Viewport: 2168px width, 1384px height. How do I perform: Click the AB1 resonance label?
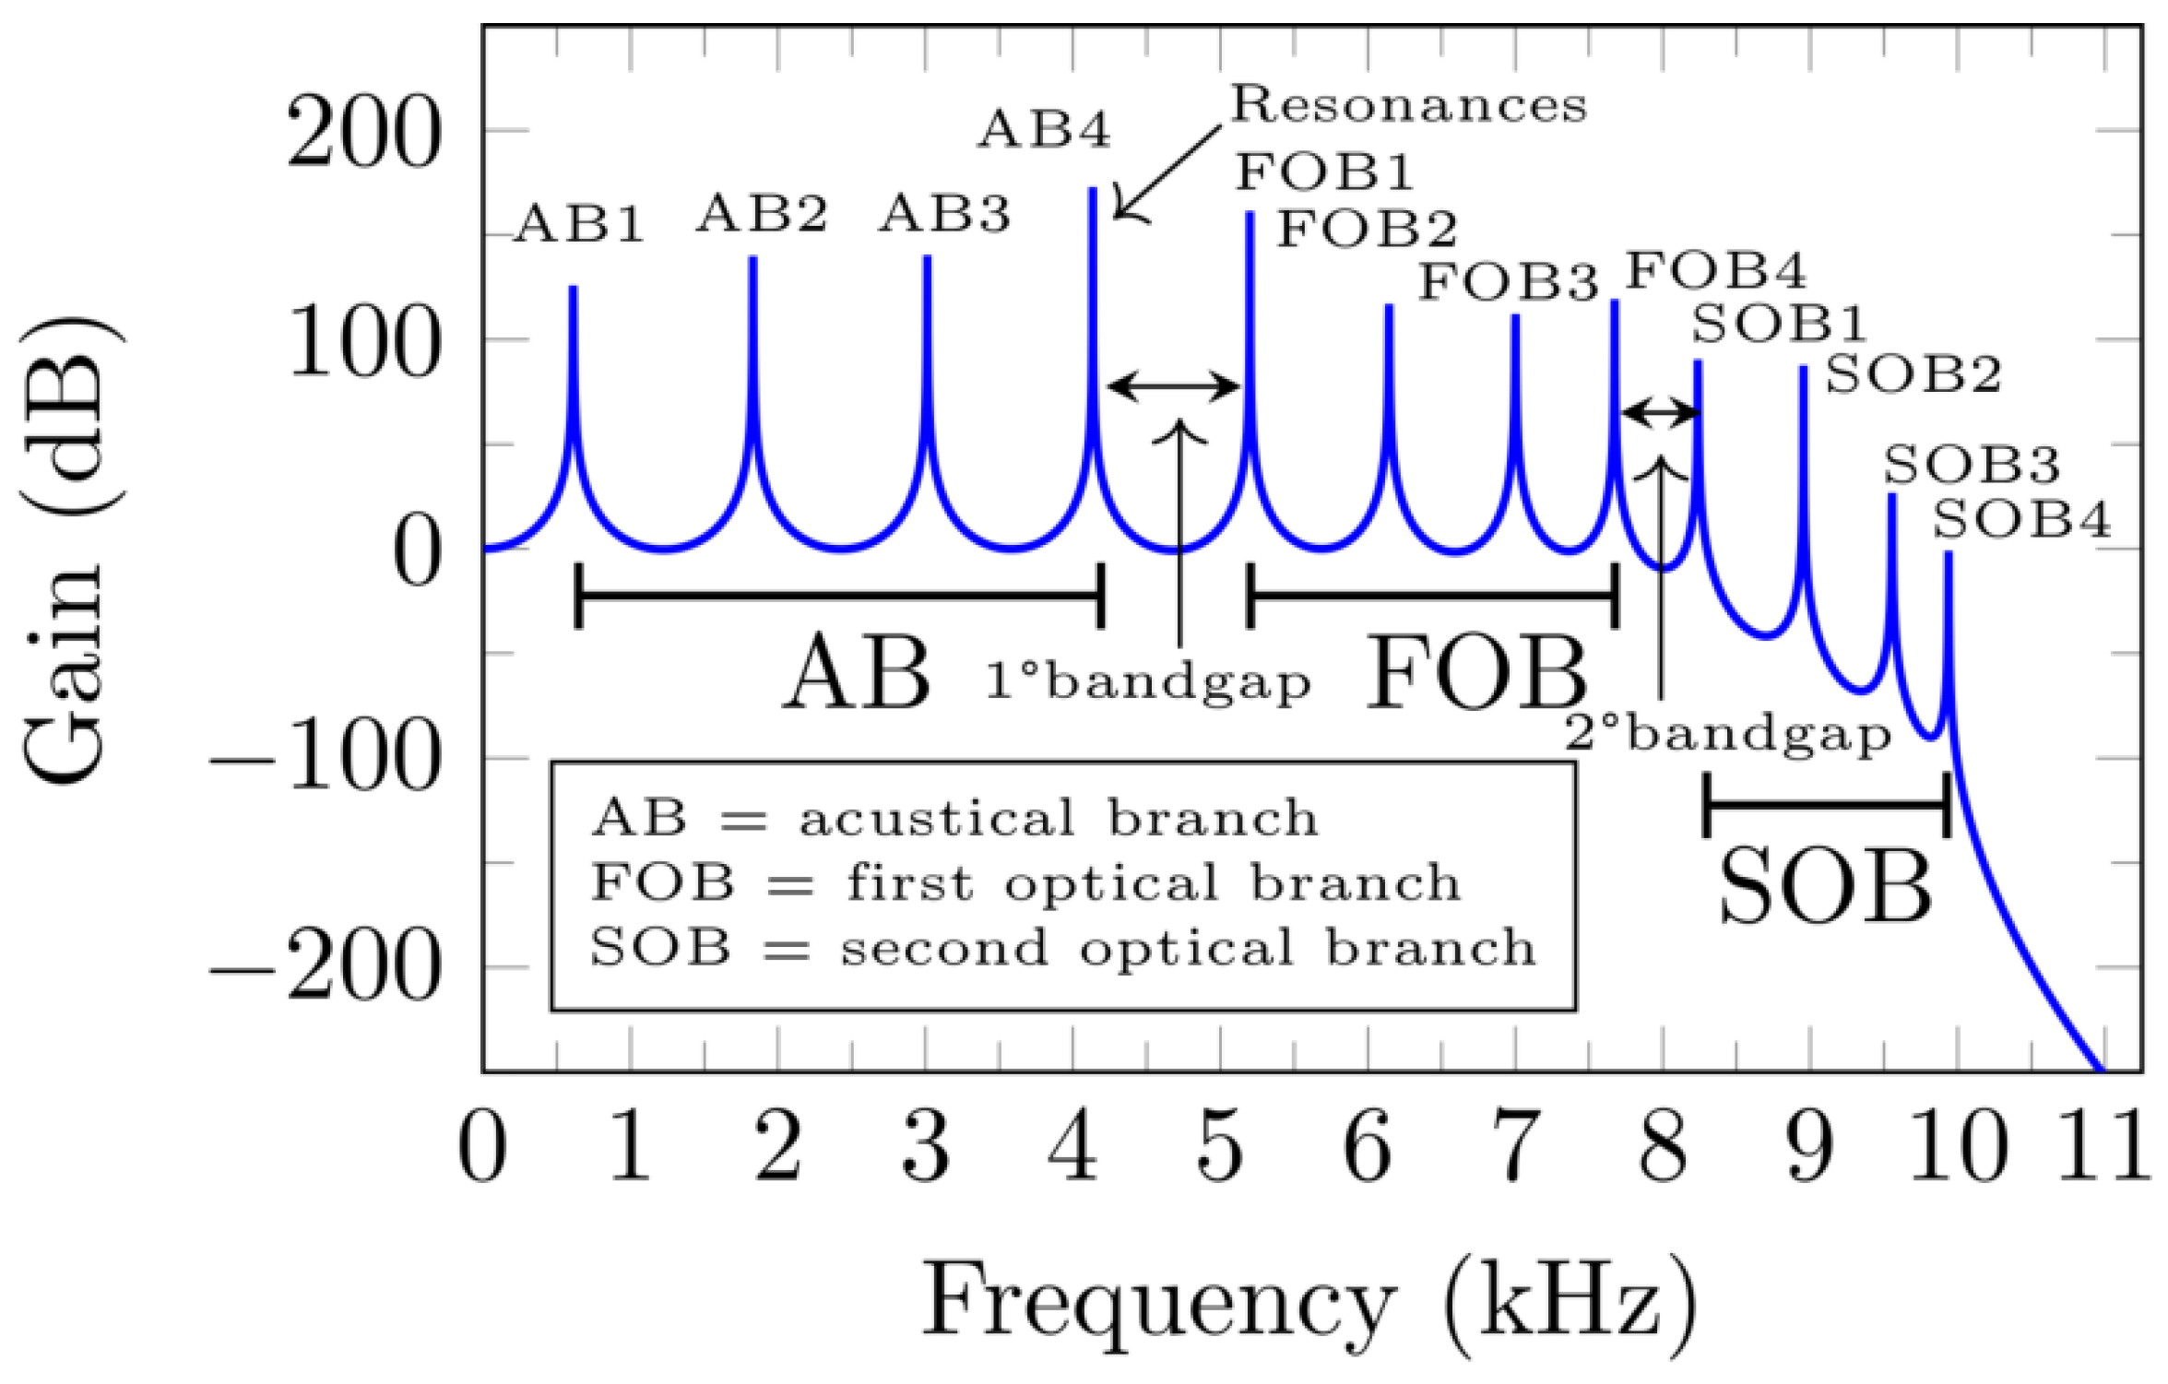(x=578, y=224)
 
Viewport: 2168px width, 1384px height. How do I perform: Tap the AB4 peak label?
(x=1044, y=130)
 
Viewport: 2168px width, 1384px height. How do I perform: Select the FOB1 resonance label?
(x=1324, y=172)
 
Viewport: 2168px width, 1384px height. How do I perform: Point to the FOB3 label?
(x=1508, y=282)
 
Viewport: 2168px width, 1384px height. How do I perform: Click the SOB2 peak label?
(x=1913, y=375)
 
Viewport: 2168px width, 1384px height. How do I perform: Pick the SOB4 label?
(x=2021, y=520)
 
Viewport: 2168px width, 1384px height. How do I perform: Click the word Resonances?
(x=1409, y=104)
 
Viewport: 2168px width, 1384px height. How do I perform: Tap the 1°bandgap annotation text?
(x=1148, y=683)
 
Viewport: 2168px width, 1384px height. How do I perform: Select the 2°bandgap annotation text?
(x=1728, y=735)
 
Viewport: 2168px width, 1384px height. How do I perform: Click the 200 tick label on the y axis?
(x=362, y=135)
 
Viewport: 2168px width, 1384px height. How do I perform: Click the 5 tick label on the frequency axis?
(x=1220, y=1146)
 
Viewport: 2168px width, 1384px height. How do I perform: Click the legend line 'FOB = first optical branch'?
(x=1025, y=883)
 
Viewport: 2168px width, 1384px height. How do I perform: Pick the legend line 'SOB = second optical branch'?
(x=1062, y=948)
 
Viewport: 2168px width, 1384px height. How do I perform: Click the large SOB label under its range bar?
(x=1825, y=888)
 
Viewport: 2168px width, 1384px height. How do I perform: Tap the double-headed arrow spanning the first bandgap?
(x=1173, y=387)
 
